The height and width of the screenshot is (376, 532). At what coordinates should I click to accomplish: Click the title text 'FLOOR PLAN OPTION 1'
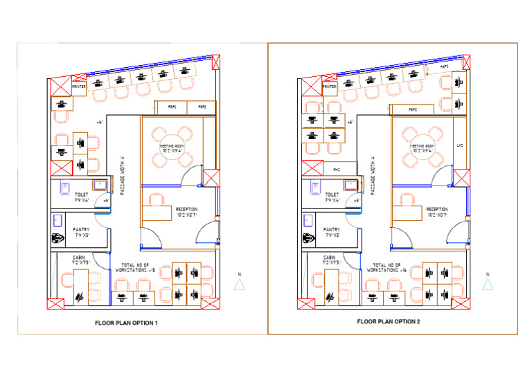pos(127,323)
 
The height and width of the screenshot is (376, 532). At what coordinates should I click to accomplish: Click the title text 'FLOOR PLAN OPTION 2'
pos(389,321)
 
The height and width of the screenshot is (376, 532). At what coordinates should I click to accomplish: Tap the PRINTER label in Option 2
pos(329,87)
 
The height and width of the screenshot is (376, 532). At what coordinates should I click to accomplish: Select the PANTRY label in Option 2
pos(331,231)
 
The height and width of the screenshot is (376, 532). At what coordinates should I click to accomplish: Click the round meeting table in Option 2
pos(423,145)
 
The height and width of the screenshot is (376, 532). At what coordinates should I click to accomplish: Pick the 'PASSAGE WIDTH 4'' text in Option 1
pos(123,176)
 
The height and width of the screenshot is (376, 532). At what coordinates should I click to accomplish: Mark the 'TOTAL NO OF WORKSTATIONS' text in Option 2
pos(389,267)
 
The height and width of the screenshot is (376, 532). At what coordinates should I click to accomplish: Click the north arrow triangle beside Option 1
pos(239,284)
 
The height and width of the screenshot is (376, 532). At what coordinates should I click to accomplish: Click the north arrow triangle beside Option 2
pos(488,284)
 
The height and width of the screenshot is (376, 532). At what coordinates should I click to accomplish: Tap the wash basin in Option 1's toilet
pos(100,184)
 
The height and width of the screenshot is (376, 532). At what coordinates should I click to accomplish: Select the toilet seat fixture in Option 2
pos(315,187)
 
